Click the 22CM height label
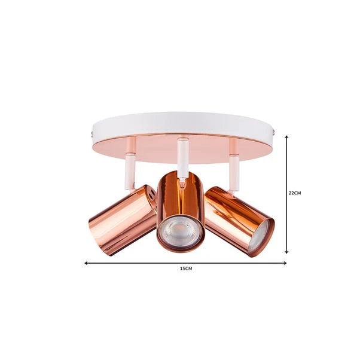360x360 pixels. (x=294, y=193)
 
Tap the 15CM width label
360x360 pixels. (x=186, y=269)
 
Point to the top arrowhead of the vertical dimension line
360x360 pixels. (x=287, y=137)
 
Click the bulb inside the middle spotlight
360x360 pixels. (x=180, y=234)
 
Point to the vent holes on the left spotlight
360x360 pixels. (x=152, y=194)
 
